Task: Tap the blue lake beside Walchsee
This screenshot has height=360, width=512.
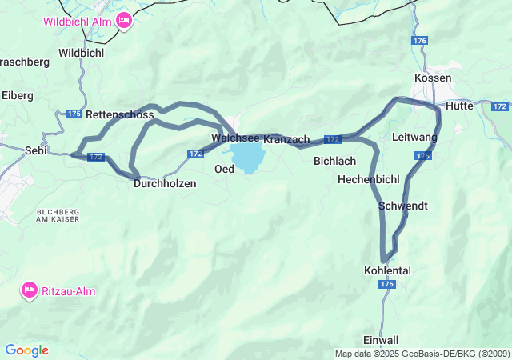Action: point(247,156)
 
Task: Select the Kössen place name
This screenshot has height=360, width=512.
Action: point(433,78)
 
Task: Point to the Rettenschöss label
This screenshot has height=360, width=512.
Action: point(119,114)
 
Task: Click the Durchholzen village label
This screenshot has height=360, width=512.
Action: point(164,183)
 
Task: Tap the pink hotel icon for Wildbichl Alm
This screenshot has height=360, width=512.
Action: point(123,20)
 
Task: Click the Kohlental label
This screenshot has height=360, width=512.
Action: point(386,270)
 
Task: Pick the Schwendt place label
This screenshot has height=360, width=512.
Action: point(402,206)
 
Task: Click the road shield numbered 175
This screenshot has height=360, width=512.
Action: point(74,114)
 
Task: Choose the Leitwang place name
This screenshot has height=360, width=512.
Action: point(414,138)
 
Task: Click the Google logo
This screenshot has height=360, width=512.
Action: point(26,350)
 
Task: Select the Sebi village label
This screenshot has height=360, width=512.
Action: point(35,150)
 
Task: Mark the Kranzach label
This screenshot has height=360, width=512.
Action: point(286,139)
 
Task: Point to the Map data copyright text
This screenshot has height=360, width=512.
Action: point(422,354)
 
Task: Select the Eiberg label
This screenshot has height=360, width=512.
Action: point(17,95)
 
